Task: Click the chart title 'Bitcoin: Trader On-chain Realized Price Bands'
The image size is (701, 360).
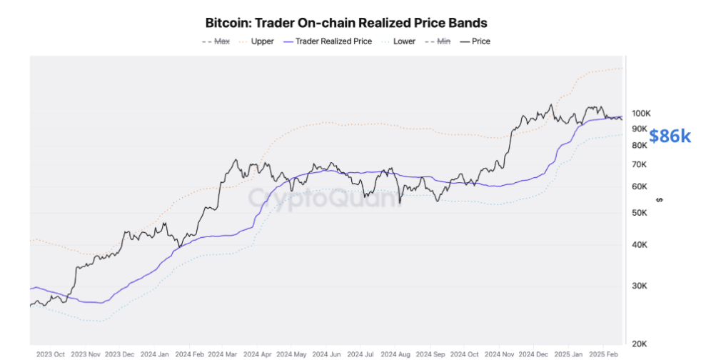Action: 346,24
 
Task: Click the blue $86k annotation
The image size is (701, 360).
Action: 670,136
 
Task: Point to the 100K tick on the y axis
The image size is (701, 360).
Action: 640,114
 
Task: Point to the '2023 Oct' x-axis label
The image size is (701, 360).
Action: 51,354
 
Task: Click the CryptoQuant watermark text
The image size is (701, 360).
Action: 325,198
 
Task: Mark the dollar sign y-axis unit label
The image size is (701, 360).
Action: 659,200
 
